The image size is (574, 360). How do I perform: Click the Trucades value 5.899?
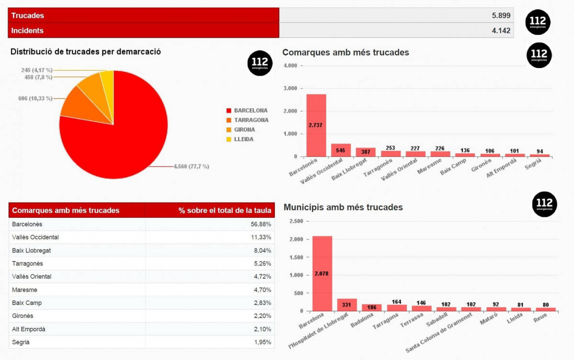coord(501,15)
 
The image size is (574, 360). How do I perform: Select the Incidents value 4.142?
coord(501,31)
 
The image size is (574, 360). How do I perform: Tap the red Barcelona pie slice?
coord(115,144)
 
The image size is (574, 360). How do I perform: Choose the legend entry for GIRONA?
coord(244,130)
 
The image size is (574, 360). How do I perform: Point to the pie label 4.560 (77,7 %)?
coord(191,167)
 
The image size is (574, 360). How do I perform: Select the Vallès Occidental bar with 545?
coord(341,150)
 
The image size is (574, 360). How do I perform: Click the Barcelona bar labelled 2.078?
coord(322,273)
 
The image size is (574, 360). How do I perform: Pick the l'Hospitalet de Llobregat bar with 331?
coord(347,305)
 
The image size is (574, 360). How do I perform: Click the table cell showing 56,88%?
coord(262,225)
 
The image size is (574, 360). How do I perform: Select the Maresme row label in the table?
coord(24,290)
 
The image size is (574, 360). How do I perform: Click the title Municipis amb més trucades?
coord(343,207)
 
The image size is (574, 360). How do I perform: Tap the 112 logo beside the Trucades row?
coord(538,22)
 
